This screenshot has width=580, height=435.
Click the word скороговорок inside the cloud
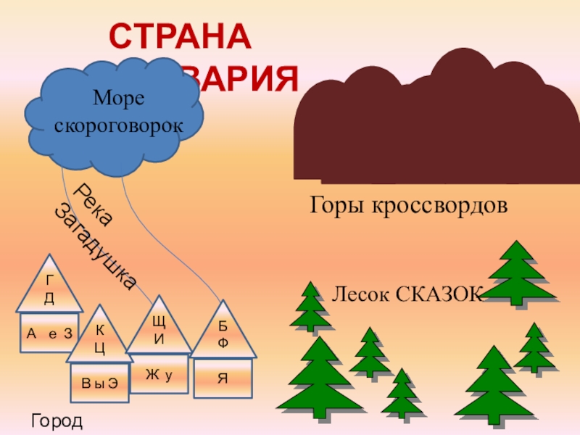point(117,125)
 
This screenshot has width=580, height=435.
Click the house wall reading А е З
point(49,333)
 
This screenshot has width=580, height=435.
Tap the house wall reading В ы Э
point(100,384)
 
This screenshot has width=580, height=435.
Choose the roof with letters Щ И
point(158,330)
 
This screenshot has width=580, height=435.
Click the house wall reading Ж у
point(158,374)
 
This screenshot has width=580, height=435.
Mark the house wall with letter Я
point(223,378)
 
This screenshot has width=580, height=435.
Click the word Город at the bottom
point(57,420)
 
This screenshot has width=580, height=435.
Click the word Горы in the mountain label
point(336,206)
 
